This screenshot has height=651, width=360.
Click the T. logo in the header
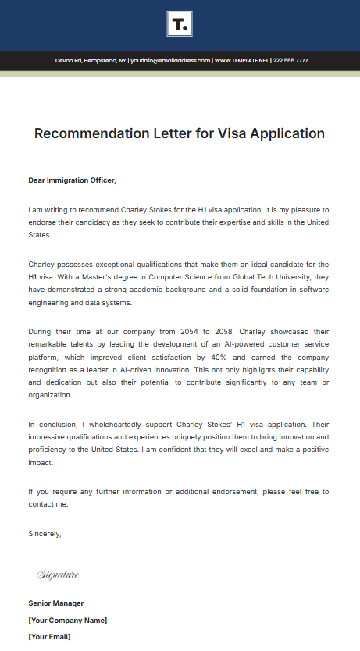point(180,24)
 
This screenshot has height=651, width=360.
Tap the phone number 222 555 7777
point(290,61)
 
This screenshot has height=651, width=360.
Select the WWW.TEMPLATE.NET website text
point(241,61)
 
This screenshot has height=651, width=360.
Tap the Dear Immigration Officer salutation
point(72,180)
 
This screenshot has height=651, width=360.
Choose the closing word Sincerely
point(45,534)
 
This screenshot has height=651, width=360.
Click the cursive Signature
point(58,575)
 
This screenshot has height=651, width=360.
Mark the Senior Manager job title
point(56,603)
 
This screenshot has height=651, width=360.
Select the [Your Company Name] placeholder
point(68,621)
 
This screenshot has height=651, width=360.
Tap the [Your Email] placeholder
point(49,637)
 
